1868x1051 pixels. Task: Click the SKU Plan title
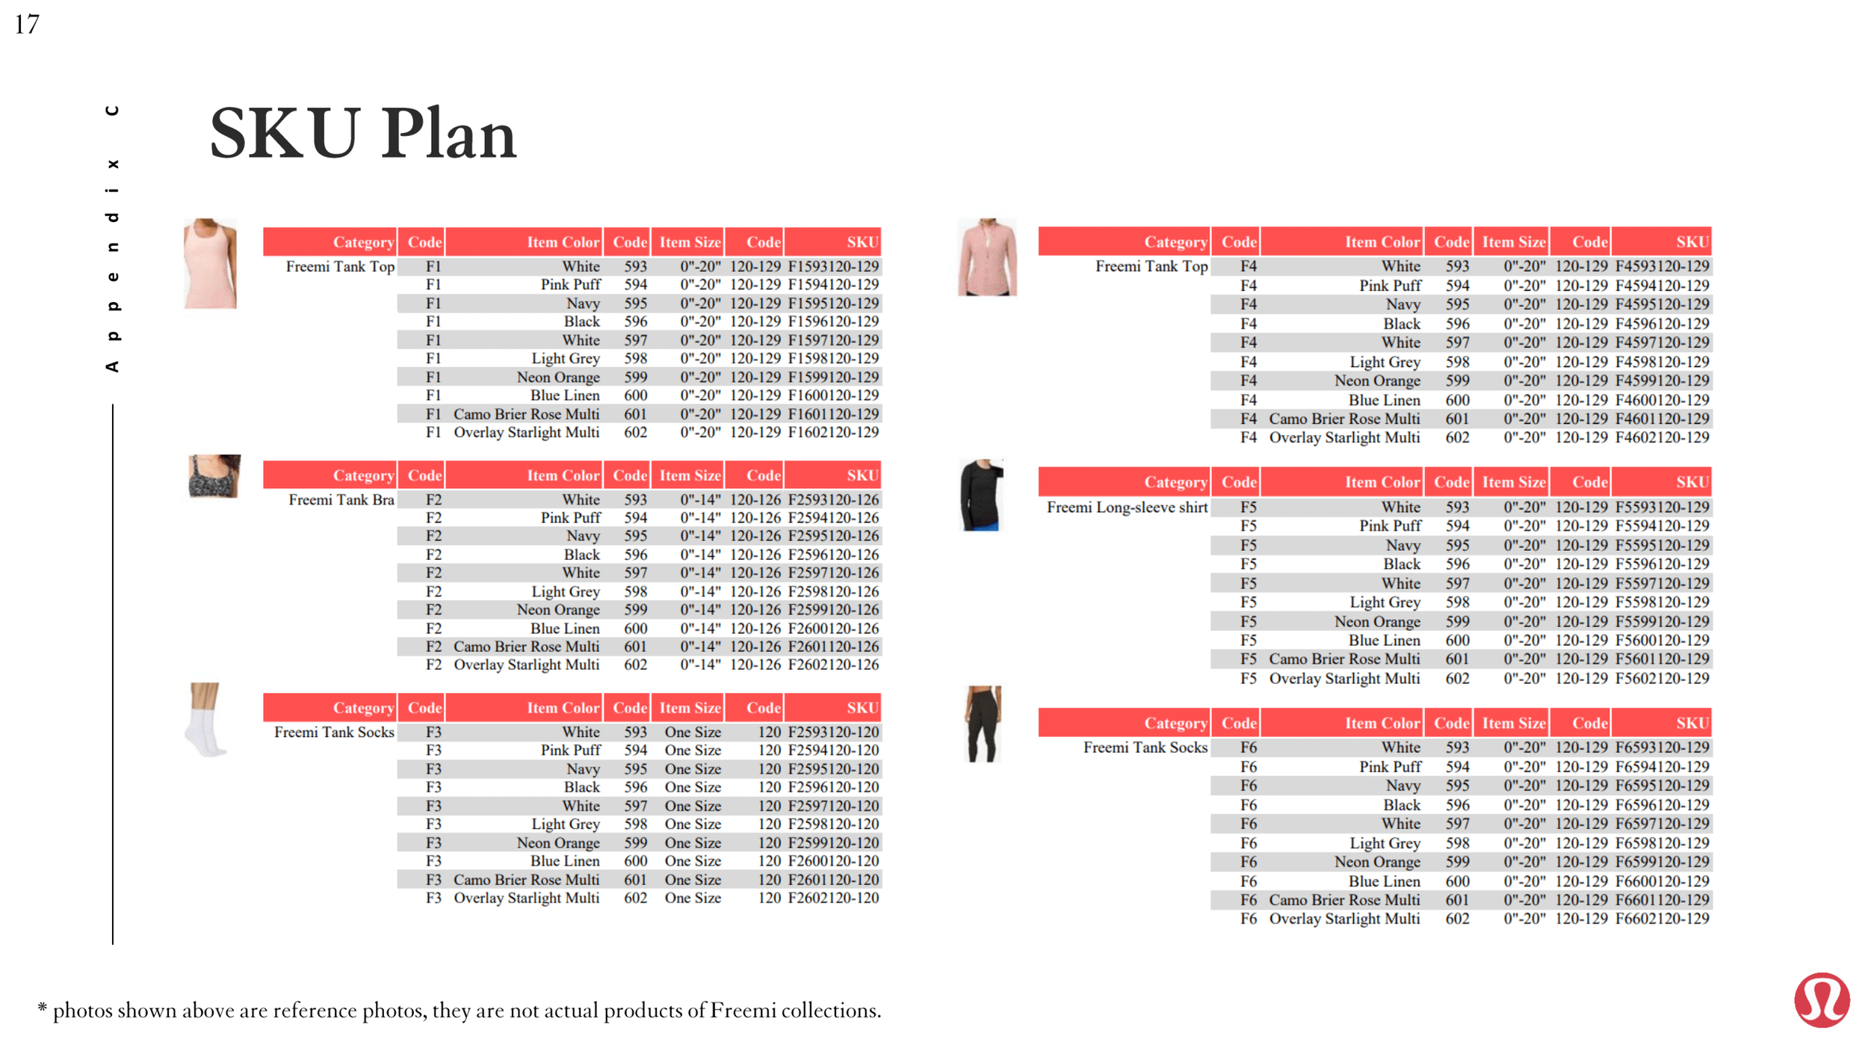click(x=363, y=135)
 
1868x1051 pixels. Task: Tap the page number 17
click(x=27, y=25)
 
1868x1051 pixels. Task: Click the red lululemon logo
click(x=1822, y=999)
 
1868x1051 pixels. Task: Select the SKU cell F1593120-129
click(x=833, y=267)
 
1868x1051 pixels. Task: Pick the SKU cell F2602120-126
click(x=833, y=665)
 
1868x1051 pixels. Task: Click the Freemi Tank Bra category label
click(x=341, y=499)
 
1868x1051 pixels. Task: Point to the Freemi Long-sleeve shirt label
click(x=1127, y=508)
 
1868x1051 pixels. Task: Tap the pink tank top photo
click(x=210, y=263)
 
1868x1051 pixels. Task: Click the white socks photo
click(x=205, y=719)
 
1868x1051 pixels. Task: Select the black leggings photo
click(x=983, y=724)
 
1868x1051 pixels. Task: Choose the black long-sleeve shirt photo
click(x=982, y=495)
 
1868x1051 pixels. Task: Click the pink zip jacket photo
click(x=987, y=257)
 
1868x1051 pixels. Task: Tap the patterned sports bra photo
click(x=214, y=475)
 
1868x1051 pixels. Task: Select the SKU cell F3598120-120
click(x=833, y=824)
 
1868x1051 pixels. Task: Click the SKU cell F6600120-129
click(x=1662, y=881)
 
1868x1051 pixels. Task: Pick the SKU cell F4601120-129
click(x=1662, y=419)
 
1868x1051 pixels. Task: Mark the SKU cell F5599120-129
click(x=1662, y=621)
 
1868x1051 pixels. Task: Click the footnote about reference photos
click(x=460, y=1011)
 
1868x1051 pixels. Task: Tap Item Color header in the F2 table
click(x=563, y=475)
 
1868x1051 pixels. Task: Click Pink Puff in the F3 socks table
click(x=570, y=751)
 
